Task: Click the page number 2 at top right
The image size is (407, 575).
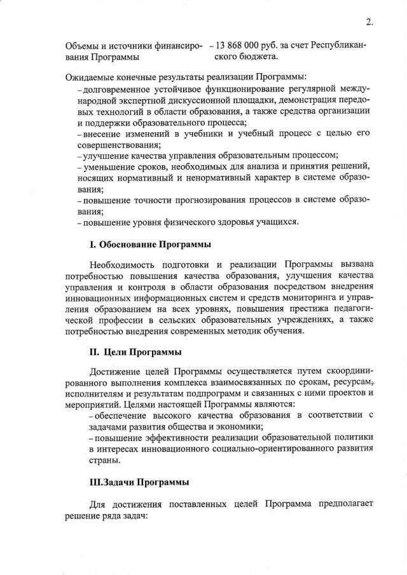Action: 368,23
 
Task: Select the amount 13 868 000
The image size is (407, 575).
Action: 241,46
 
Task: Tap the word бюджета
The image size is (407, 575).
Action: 258,57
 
